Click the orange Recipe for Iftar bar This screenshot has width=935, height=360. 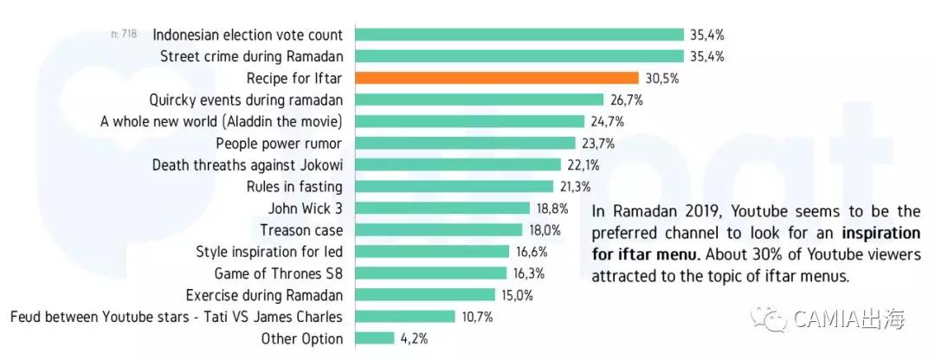tap(497, 78)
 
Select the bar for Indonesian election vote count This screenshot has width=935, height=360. tap(519, 35)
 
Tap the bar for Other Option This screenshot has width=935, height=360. tap(375, 338)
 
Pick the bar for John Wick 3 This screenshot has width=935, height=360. tap(442, 208)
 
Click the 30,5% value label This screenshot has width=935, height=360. tap(662, 78)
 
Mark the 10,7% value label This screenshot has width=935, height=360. tap(477, 317)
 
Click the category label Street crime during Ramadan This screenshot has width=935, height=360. tap(252, 56)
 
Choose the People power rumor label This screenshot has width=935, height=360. tap(279, 143)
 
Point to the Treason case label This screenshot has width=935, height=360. tap(301, 230)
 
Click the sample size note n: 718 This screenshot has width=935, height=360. tap(124, 34)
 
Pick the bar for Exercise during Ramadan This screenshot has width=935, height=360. tap(425, 295)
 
